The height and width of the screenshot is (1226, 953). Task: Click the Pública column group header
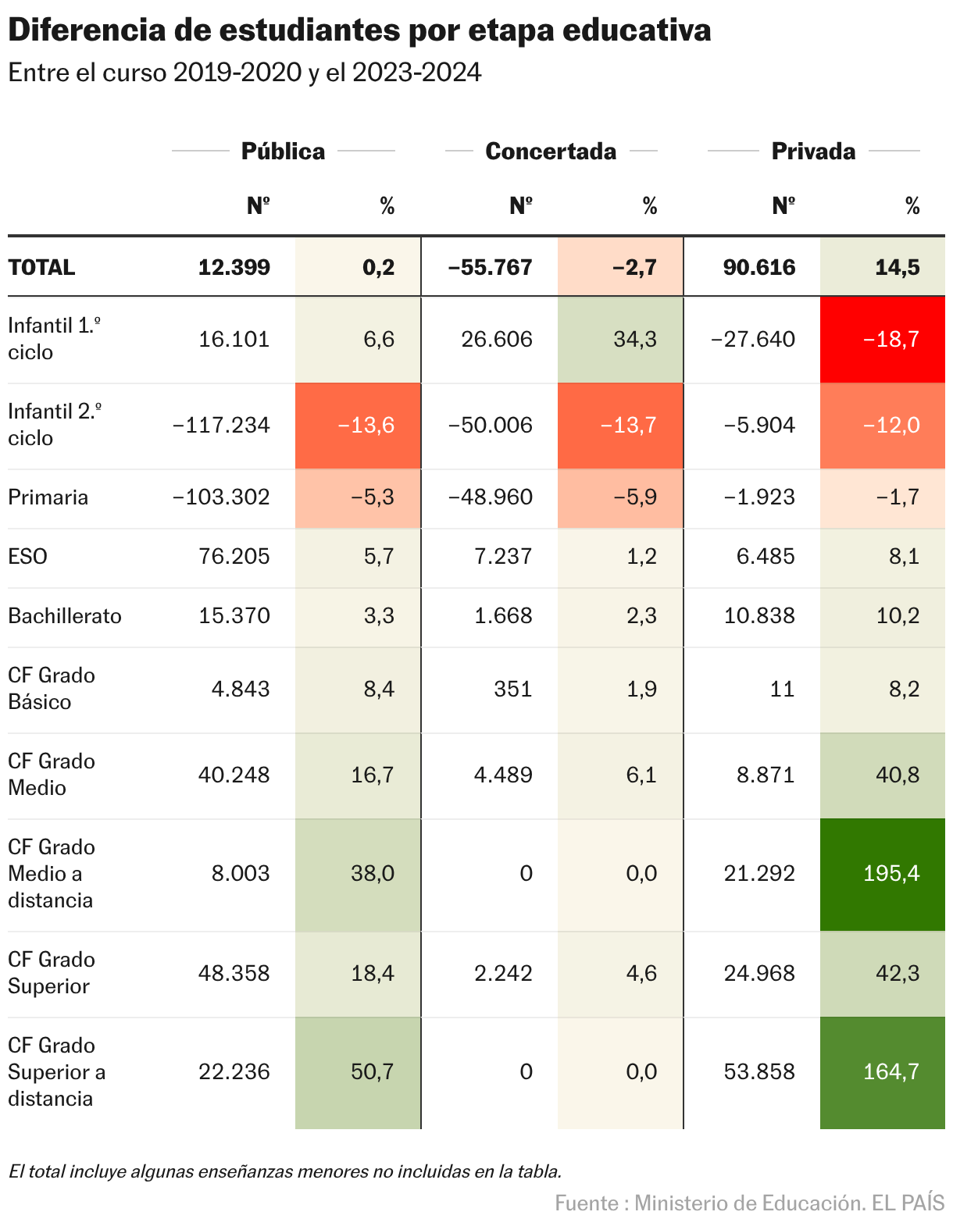pos(283,151)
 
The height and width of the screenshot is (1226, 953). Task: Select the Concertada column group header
pos(551,151)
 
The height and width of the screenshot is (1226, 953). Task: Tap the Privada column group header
pos(813,151)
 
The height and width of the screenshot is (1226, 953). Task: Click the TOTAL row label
pos(41,267)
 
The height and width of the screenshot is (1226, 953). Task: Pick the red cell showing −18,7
pos(883,339)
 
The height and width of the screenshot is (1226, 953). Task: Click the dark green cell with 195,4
pos(883,873)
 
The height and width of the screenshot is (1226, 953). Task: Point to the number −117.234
pos(221,425)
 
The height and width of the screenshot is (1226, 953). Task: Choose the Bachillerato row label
pos(65,616)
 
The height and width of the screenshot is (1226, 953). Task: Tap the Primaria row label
pos(48,497)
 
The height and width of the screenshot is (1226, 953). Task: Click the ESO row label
pos(27,557)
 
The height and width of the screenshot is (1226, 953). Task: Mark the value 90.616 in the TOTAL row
pos(758,267)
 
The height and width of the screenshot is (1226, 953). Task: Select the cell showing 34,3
pos(620,339)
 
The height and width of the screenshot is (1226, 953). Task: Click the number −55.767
pos(490,267)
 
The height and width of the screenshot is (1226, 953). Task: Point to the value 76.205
pos(234,557)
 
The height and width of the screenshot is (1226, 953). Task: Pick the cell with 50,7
pos(358,1071)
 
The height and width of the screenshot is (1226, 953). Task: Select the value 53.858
pos(758,1071)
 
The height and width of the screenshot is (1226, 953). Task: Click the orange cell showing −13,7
pos(620,425)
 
